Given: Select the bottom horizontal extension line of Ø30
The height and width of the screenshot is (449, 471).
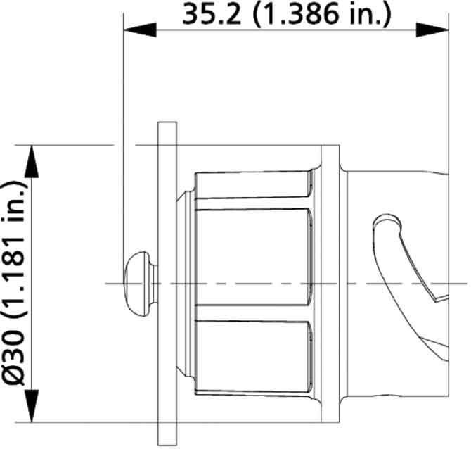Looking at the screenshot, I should click(x=84, y=422).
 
